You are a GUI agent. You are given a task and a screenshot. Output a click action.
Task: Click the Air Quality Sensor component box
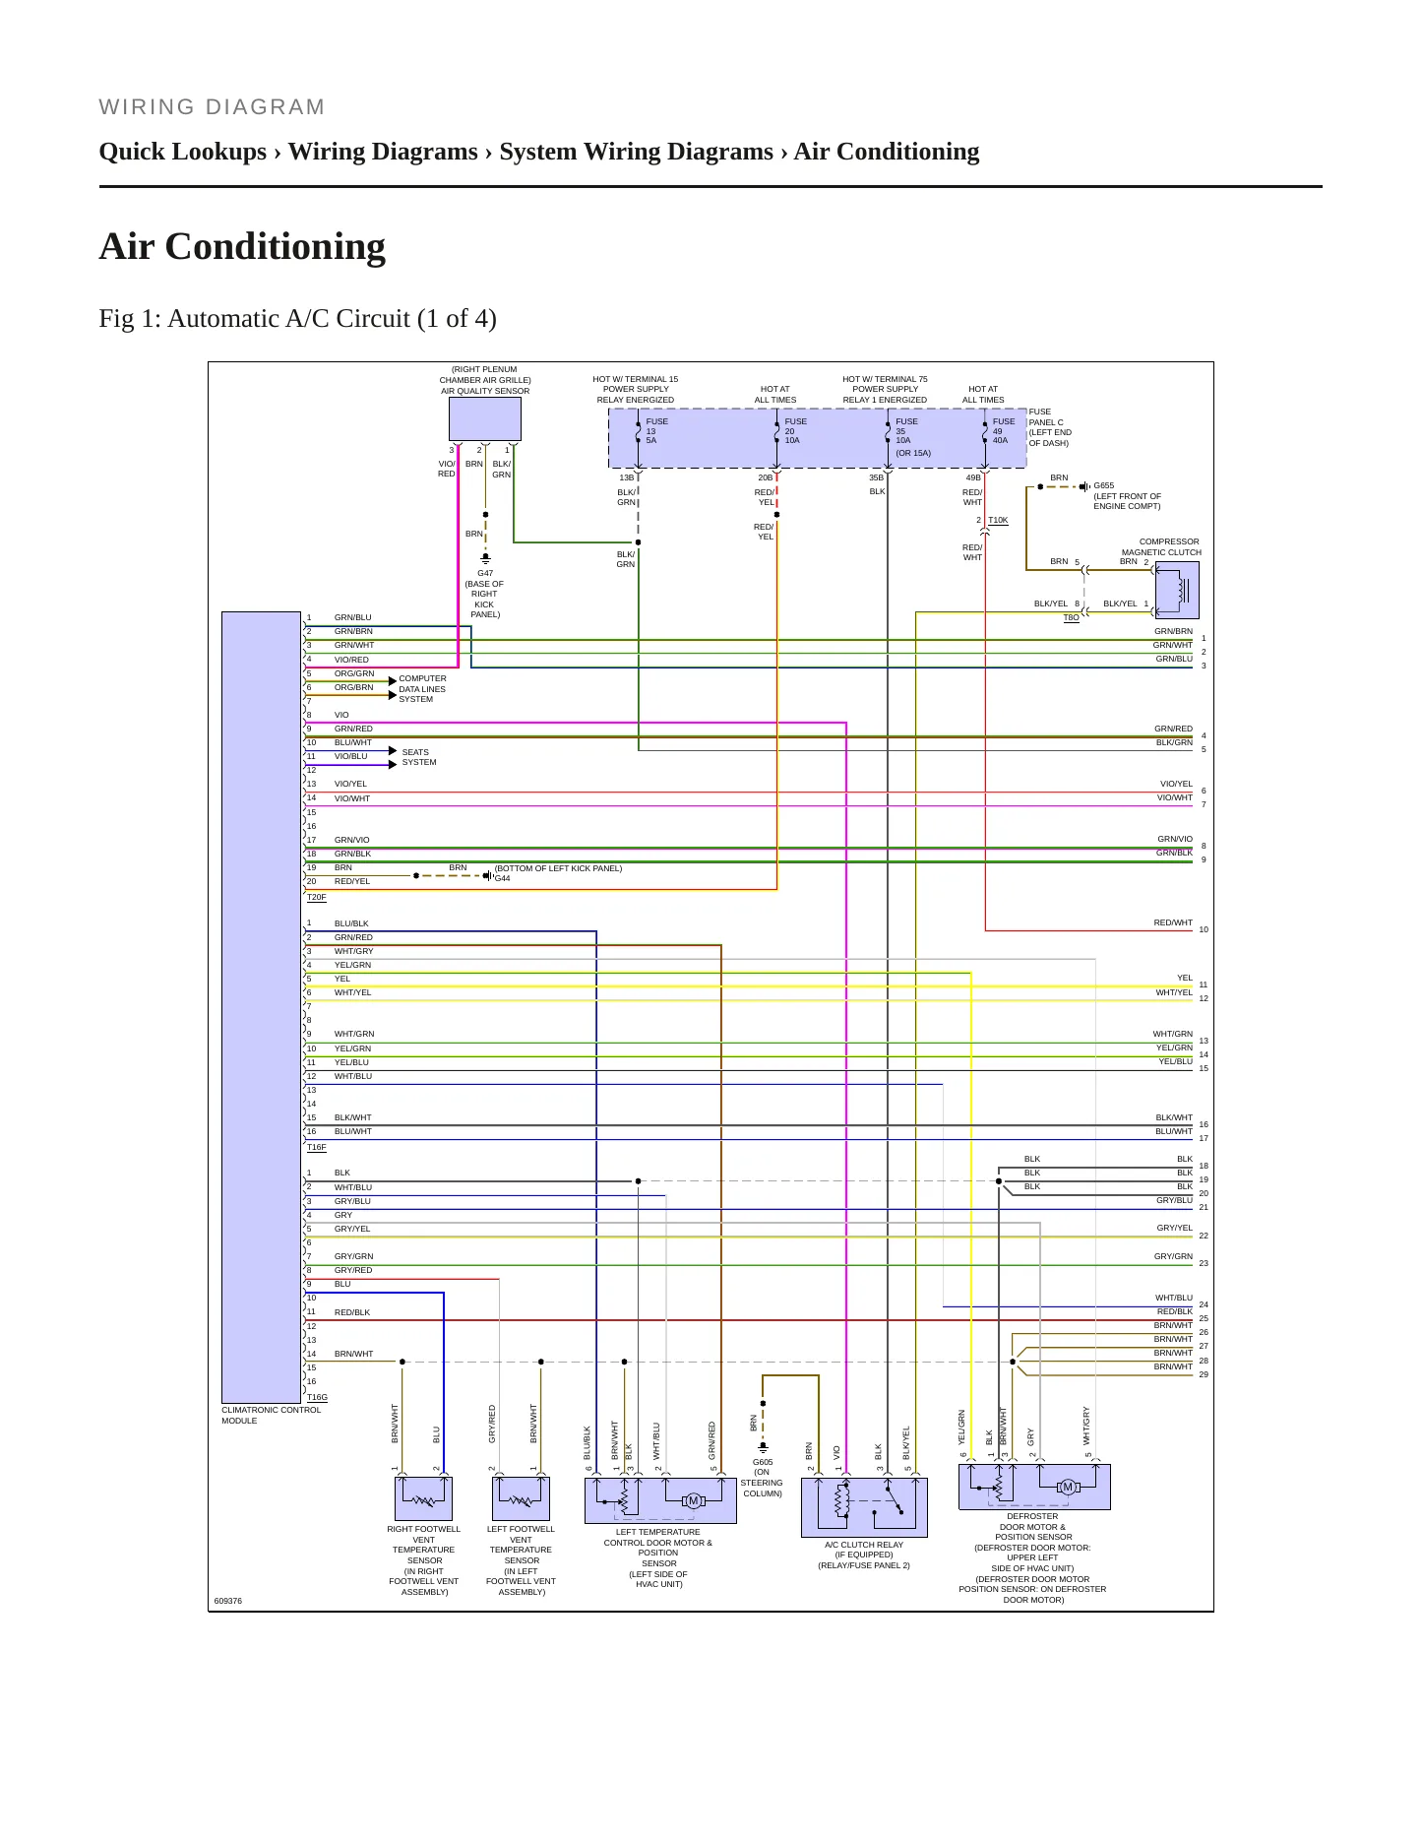[484, 419]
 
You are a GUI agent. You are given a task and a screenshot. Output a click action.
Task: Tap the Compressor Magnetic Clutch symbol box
[1176, 591]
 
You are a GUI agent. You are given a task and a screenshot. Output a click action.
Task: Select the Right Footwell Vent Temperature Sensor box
[423, 1498]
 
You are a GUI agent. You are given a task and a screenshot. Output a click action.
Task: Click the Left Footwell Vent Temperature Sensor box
[521, 1498]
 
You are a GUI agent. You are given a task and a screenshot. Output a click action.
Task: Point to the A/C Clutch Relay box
[864, 1506]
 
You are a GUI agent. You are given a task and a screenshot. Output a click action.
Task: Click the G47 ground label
[485, 573]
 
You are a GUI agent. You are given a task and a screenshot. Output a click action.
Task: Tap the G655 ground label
[1104, 485]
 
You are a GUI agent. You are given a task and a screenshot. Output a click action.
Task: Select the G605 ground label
[763, 1462]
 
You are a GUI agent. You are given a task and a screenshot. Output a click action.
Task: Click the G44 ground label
[502, 878]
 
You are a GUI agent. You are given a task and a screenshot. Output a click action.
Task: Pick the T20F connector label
[316, 897]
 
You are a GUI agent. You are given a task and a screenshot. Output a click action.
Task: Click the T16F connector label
[316, 1147]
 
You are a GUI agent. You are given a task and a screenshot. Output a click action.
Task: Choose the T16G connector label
[317, 1397]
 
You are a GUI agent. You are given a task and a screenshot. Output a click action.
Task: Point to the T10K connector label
[998, 520]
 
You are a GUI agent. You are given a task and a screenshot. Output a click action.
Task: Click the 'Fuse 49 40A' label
[1004, 431]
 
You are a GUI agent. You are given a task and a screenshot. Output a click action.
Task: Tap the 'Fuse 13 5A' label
[656, 431]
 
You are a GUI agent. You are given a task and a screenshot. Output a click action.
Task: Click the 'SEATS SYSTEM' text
[418, 757]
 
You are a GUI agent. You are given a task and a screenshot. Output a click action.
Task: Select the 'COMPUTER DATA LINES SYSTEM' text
[422, 689]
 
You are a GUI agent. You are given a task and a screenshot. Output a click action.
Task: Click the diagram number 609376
[227, 1601]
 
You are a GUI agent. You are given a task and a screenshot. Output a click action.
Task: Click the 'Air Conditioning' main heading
[242, 246]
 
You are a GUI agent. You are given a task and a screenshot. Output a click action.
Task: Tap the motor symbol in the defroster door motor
[1068, 1487]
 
